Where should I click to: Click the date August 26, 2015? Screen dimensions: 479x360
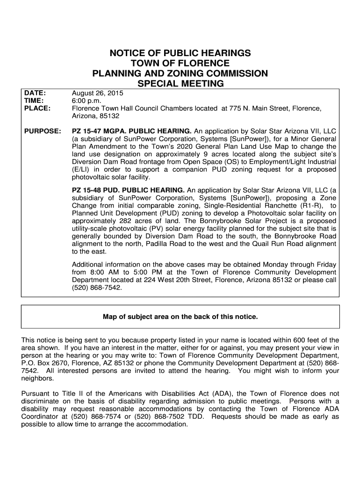[x=94, y=93]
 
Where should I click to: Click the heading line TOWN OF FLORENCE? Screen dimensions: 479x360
[x=180, y=63]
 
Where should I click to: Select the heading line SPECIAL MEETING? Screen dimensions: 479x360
[x=180, y=84]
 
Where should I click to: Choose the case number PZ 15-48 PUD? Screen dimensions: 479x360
[x=97, y=190]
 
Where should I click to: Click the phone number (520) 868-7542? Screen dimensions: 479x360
[x=96, y=288]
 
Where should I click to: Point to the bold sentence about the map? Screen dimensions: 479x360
[x=180, y=317]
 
